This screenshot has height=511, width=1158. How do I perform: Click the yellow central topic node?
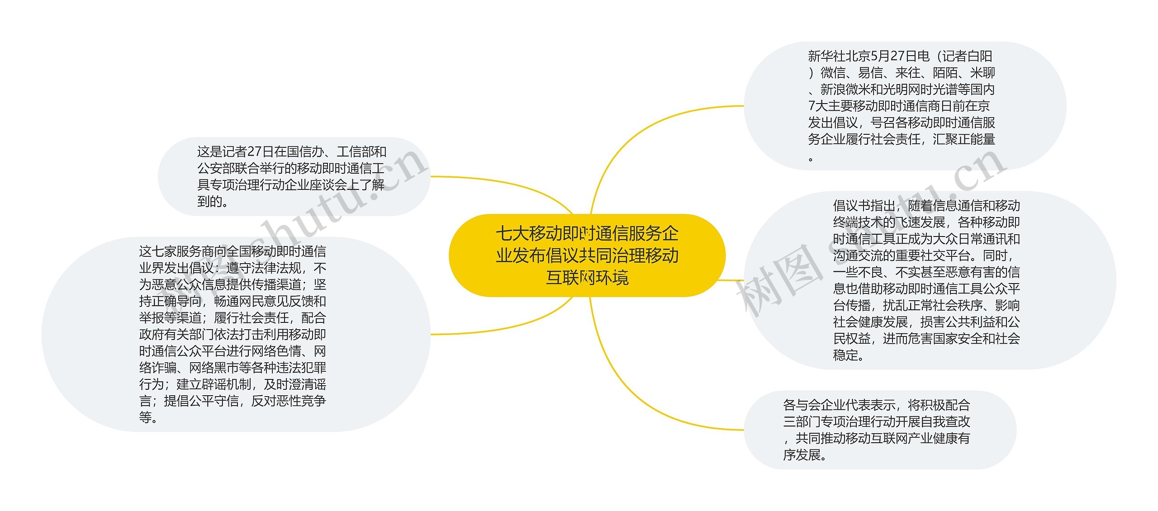pos(587,255)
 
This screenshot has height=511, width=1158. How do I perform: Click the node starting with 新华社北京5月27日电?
pos(905,106)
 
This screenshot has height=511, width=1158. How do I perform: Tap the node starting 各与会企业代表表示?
pos(879,430)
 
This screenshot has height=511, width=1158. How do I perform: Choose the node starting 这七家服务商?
pos(235,334)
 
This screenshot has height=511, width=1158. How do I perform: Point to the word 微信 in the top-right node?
pos(833,73)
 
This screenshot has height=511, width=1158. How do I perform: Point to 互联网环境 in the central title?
pos(587,277)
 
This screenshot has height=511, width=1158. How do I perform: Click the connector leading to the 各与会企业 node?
pos(633,398)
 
